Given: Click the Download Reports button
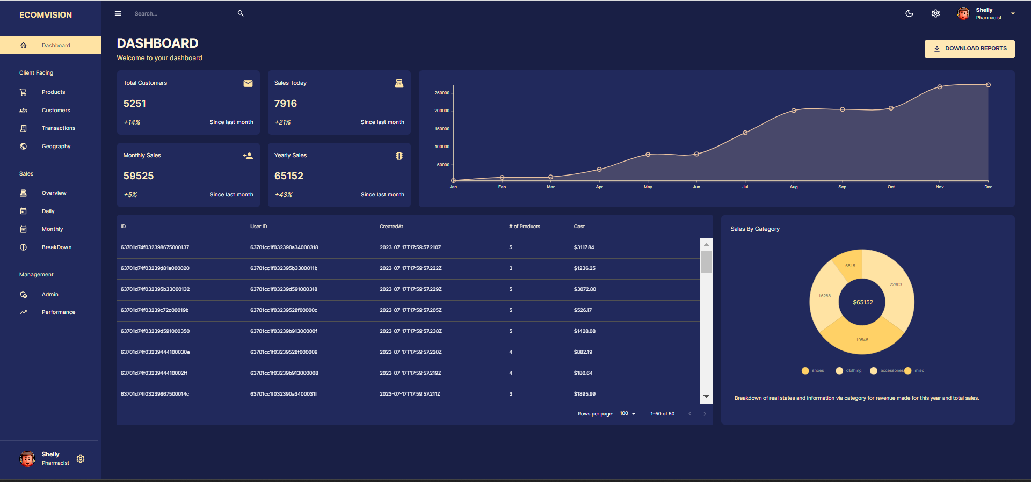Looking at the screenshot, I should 969,49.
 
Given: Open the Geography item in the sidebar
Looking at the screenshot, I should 56,147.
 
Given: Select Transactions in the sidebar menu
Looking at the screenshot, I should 58,128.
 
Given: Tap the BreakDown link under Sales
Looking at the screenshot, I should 56,247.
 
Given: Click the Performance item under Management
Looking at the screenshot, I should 58,312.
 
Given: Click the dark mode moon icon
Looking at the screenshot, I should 909,13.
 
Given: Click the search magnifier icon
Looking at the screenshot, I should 241,13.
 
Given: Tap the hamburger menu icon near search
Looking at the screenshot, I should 118,13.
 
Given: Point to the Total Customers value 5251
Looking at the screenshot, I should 135,104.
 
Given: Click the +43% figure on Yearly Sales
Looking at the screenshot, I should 284,195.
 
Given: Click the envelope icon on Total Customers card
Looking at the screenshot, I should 248,83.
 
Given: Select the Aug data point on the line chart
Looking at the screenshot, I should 794,111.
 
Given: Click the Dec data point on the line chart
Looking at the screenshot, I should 988,85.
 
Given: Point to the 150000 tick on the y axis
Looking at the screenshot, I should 442,129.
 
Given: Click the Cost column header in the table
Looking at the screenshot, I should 579,227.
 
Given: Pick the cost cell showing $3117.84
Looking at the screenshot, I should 584,247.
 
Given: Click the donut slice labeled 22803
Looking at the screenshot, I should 895,285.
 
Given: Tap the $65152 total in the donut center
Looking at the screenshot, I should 862,303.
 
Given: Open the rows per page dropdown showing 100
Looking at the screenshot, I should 627,414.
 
